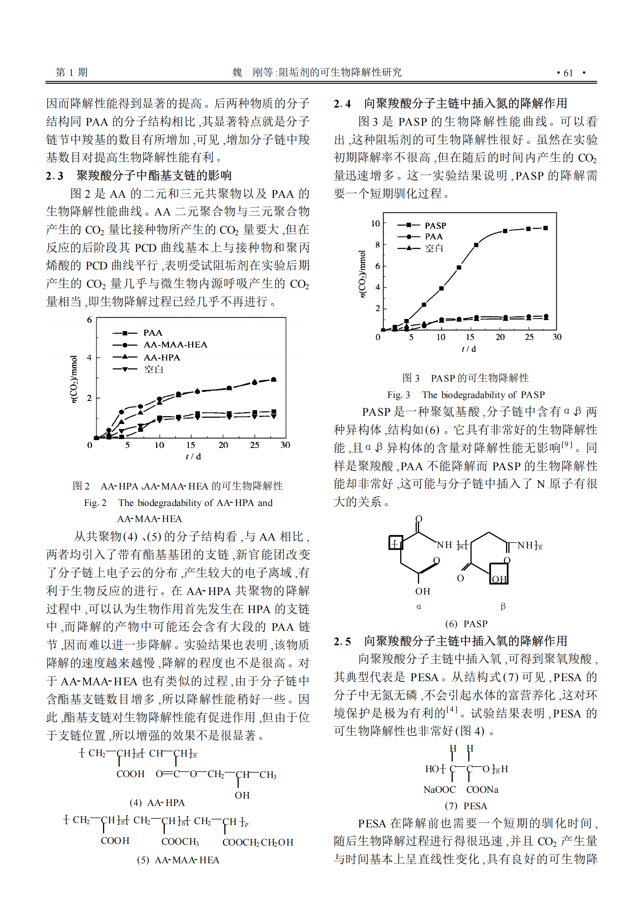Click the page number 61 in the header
(x=568, y=73)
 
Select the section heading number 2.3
(x=54, y=176)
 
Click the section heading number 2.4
(x=342, y=103)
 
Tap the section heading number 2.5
(x=342, y=641)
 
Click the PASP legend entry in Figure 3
(x=435, y=225)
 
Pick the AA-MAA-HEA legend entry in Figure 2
(x=175, y=344)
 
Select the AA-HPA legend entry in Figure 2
(x=162, y=357)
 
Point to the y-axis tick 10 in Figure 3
(x=375, y=223)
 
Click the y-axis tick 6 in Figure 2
(x=89, y=320)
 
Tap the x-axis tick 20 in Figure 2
(x=223, y=445)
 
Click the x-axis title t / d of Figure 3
(x=469, y=349)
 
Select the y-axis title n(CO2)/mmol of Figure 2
(x=74, y=379)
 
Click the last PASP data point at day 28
(x=546, y=228)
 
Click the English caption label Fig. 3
(x=398, y=395)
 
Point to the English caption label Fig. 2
(x=95, y=503)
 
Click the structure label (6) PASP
(x=466, y=624)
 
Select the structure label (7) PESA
(x=466, y=806)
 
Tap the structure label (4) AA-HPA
(x=157, y=803)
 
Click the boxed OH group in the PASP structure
(x=499, y=579)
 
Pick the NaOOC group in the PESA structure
(x=439, y=790)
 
